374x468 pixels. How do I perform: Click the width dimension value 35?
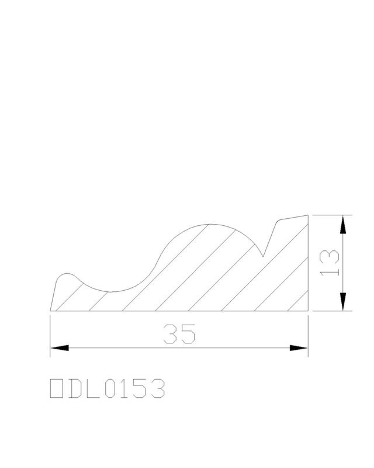coord(179,333)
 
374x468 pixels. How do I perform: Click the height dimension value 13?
coord(329,263)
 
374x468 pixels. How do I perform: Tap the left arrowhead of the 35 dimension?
coord(60,347)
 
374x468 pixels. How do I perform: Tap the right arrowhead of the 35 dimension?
coord(299,347)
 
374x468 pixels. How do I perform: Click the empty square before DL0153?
coord(56,388)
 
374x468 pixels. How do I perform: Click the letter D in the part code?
coord(75,388)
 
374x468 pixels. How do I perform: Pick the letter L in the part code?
coord(93,388)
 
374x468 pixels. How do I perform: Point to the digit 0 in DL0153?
coord(112,388)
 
